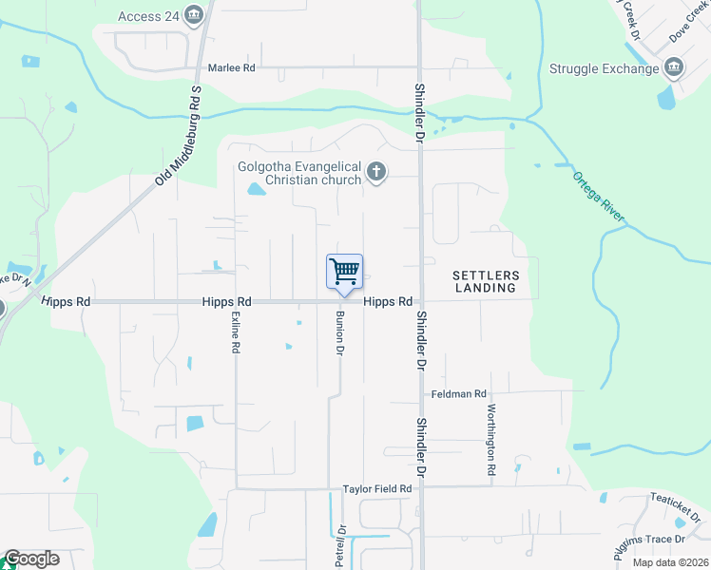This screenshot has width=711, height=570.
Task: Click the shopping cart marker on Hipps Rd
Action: pos(344,272)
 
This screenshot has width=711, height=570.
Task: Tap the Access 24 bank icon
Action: pos(195,15)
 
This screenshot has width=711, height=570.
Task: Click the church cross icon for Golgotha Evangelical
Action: pos(376,172)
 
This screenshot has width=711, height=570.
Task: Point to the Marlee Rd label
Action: pos(232,68)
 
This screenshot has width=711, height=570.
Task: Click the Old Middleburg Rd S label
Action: pos(177,135)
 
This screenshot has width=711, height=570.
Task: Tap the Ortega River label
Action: pos(598,197)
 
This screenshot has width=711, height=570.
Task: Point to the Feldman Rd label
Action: pos(458,393)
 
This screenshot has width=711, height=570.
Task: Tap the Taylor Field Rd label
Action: pos(377,488)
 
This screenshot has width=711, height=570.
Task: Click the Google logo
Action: pos(31,559)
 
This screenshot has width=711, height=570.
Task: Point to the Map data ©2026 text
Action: pos(670,563)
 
